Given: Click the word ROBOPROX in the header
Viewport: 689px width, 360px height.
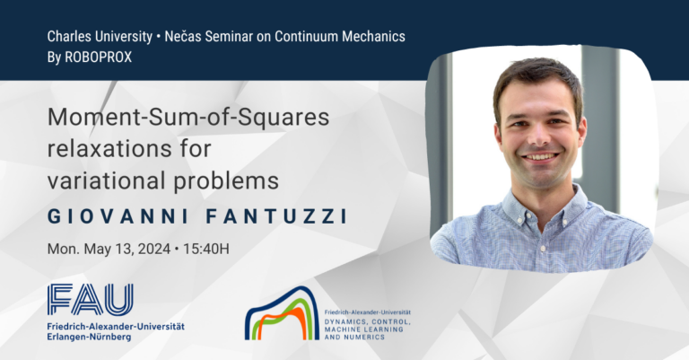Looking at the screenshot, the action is tap(98, 57).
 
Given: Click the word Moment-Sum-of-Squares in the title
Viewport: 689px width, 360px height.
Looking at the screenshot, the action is tap(188, 117).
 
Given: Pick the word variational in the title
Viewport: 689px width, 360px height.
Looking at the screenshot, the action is tap(107, 180).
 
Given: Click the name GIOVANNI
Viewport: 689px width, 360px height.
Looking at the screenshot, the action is tap(118, 216).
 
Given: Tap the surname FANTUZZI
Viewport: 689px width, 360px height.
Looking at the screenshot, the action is tap(277, 216).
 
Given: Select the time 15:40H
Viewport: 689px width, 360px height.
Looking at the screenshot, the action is tap(206, 249).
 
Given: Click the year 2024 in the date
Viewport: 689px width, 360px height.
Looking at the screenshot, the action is tap(154, 249).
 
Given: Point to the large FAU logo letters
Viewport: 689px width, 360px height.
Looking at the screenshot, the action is tap(91, 299).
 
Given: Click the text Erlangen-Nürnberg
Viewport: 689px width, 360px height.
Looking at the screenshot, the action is tap(89, 338).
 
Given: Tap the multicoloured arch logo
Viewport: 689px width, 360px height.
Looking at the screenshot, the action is tap(282, 313).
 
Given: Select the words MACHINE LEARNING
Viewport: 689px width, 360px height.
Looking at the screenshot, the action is tap(364, 329).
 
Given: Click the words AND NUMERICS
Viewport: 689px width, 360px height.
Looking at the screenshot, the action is tap(354, 338).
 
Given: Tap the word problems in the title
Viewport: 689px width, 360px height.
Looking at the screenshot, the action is tap(226, 181).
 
